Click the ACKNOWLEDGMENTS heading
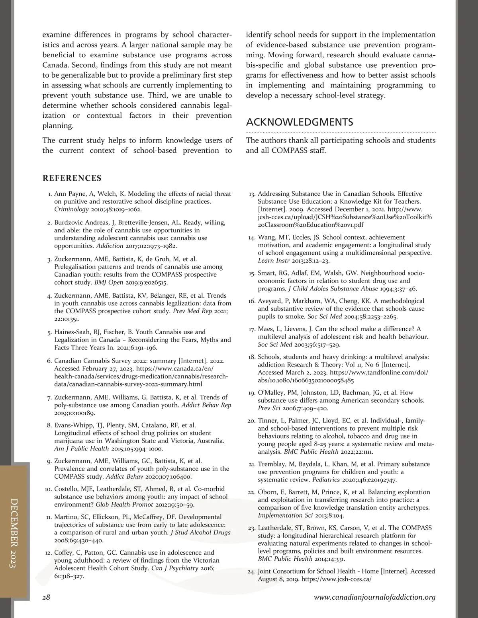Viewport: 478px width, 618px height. (x=300, y=122)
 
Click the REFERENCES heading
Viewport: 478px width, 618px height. (x=72, y=178)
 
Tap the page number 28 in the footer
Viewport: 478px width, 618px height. (x=46, y=597)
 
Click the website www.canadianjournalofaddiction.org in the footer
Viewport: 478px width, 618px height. (x=374, y=597)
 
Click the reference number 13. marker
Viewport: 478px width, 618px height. (x=252, y=194)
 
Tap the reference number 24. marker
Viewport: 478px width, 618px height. (x=251, y=572)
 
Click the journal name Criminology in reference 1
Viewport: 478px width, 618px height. (x=71, y=209)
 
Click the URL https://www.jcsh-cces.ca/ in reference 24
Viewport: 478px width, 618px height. (x=337, y=579)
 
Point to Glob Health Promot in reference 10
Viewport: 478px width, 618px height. (x=124, y=505)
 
